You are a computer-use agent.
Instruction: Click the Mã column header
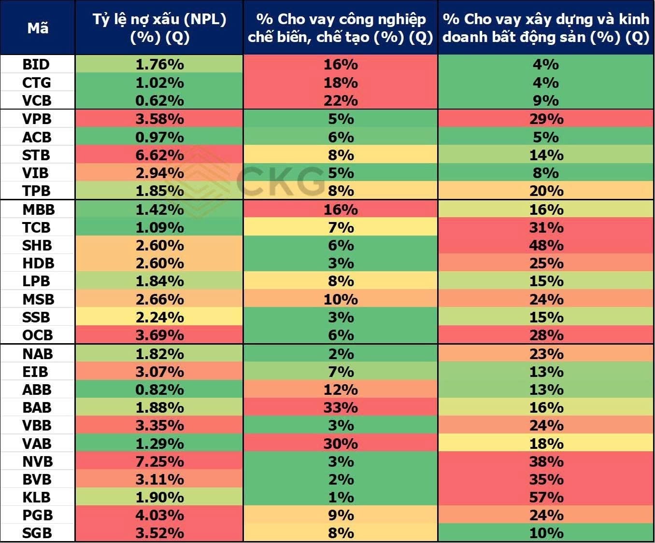[38, 28]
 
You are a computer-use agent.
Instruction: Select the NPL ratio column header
[159, 28]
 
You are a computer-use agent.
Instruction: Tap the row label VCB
[37, 101]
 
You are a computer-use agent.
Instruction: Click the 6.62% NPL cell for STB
[160, 155]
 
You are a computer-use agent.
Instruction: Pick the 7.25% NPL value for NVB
[160, 461]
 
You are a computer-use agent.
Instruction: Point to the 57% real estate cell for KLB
[546, 497]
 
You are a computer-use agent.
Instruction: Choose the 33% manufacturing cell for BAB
[341, 407]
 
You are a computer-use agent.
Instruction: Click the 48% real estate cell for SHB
[546, 245]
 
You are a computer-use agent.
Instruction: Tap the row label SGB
[37, 533]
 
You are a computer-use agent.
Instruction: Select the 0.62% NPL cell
[160, 101]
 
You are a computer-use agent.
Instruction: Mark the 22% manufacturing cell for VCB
[341, 101]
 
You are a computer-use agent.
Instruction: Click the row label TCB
[36, 227]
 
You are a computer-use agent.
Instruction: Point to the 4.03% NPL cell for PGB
[160, 515]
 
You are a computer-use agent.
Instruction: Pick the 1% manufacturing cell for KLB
[341, 497]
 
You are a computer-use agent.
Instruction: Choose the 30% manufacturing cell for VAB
[341, 444]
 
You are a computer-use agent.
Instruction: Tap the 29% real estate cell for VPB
[546, 119]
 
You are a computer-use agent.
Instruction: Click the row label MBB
[38, 209]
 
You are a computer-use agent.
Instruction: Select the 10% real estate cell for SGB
[546, 533]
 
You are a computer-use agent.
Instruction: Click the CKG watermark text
[280, 181]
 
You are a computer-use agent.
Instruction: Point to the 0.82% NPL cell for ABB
[160, 390]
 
